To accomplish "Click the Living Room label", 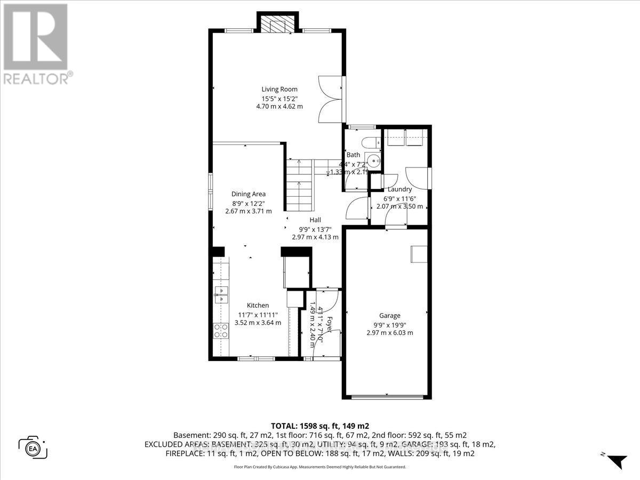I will tap(279, 89).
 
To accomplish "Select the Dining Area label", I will tap(248, 194).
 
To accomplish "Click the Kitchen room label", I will tap(258, 305).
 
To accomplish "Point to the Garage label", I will tap(389, 315).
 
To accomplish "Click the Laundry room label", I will tap(399, 189).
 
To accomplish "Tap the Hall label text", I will tap(315, 220).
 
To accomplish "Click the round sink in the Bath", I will tap(374, 161).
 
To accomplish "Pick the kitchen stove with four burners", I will tap(221, 331).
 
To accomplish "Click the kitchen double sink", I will tap(221, 294).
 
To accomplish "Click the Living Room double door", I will tap(330, 100).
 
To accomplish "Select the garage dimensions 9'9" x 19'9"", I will tap(389, 324).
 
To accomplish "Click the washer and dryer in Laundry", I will tap(404, 137).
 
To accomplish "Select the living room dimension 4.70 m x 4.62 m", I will tap(279, 106).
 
